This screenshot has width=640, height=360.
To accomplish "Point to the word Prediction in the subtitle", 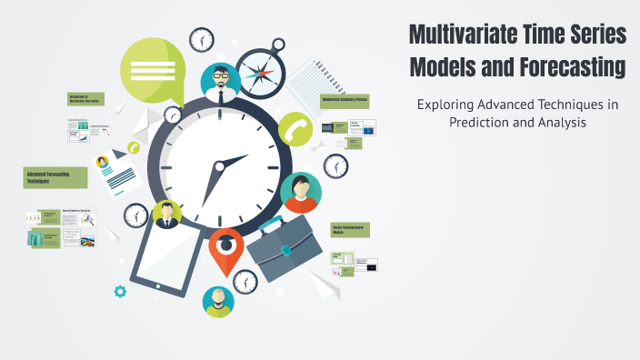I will pos(480,122).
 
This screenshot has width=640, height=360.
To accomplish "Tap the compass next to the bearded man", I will pos(261,72).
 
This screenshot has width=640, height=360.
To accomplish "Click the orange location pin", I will pos(226,248).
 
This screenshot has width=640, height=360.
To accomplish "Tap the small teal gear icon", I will pos(119,292).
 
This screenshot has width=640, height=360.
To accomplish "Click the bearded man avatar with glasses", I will pos(220,83).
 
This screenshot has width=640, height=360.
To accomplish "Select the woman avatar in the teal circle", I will pos(300,192).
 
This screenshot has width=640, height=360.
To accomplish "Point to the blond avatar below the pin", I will pos(218,301).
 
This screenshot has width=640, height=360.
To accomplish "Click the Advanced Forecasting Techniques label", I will pos(55,177).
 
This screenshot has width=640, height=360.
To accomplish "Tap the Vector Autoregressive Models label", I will pos(349,230).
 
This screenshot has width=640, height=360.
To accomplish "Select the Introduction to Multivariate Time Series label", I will pos(85,99).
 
